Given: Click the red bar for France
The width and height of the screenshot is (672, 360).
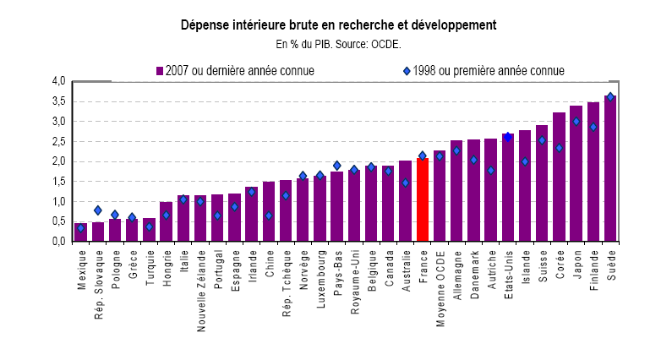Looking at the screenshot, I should tap(423, 199).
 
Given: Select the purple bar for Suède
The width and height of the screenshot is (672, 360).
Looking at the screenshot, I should tap(610, 168).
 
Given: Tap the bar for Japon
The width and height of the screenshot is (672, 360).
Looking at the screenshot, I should tap(576, 173).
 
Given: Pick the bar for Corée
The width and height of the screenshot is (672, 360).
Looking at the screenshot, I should tap(559, 177).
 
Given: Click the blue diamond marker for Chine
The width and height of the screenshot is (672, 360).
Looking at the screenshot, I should tap(269, 215).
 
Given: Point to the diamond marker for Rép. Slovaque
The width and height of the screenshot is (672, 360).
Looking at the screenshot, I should tap(98, 210).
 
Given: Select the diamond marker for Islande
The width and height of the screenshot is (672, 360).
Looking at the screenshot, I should tap(525, 161).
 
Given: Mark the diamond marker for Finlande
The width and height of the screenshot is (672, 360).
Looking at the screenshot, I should tap(593, 127).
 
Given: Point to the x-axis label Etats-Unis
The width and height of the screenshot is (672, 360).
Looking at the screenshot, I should tap(508, 270).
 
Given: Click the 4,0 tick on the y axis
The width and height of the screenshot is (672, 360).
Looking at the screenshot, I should tap(58, 81).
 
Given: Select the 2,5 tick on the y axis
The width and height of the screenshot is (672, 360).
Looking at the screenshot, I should tap(58, 141).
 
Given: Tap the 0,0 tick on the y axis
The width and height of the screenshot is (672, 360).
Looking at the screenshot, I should tap(58, 242).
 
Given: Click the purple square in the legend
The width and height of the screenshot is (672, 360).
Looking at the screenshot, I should tap(159, 71).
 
